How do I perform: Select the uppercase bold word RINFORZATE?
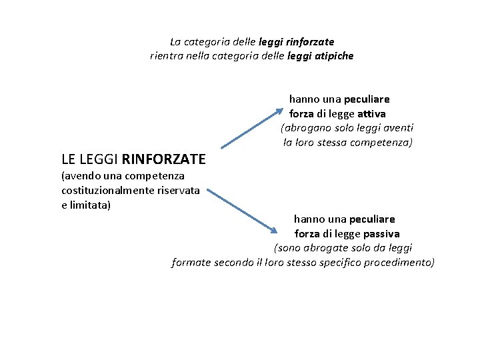tap(164, 159)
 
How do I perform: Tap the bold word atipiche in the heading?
tap(333, 56)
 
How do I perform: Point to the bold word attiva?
tap(371, 113)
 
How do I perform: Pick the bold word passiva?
tap(381, 233)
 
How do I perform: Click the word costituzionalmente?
tap(101, 191)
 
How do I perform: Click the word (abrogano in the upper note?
tap(304, 128)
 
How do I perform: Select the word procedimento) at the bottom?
tap(398, 262)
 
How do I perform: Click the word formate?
tap(191, 262)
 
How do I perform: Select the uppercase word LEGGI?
tap(99, 159)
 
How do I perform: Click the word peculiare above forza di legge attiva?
tap(367, 99)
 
